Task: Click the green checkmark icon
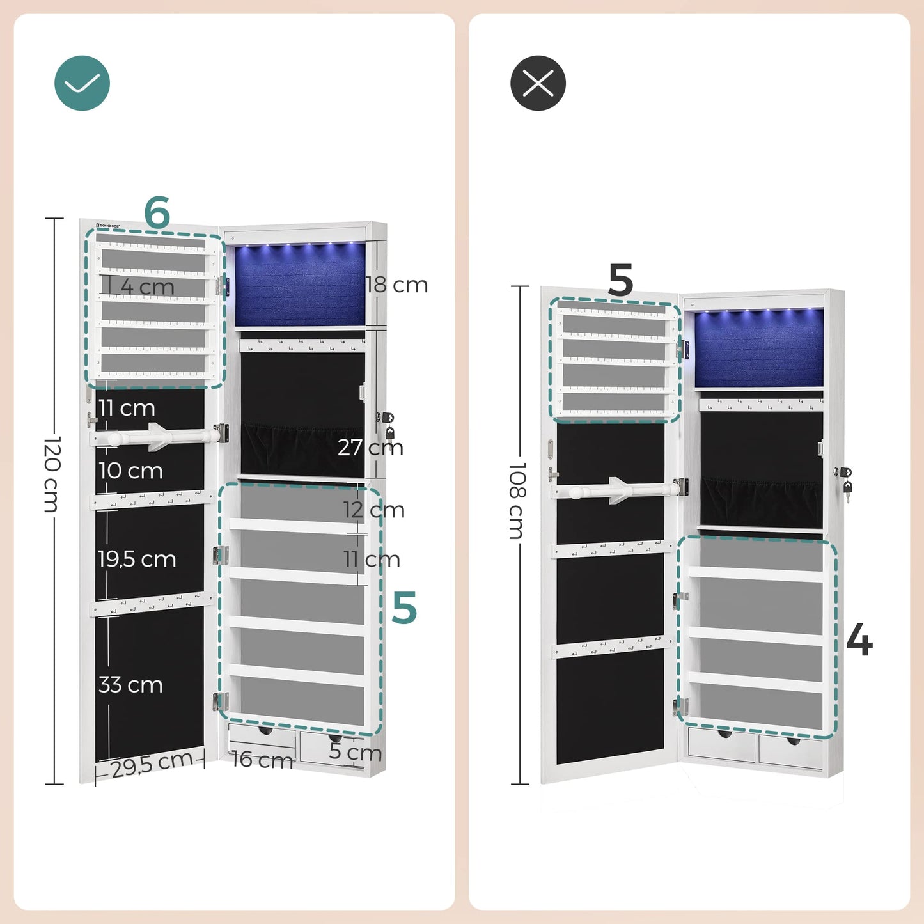(x=82, y=83)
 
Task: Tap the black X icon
(x=538, y=83)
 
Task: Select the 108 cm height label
(x=517, y=501)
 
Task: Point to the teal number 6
(x=157, y=212)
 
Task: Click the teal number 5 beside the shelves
(x=404, y=607)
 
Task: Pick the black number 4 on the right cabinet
(x=859, y=640)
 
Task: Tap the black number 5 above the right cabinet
(x=620, y=280)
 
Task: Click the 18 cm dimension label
(x=396, y=285)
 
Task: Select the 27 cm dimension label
(x=370, y=447)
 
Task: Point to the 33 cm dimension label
(x=130, y=685)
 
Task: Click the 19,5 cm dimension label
(x=137, y=560)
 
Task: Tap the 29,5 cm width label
(x=152, y=763)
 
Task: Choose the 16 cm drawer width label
(x=262, y=760)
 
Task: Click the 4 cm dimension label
(x=148, y=287)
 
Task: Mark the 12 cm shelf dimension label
(x=373, y=510)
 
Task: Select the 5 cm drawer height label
(x=355, y=752)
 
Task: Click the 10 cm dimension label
(x=130, y=471)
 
